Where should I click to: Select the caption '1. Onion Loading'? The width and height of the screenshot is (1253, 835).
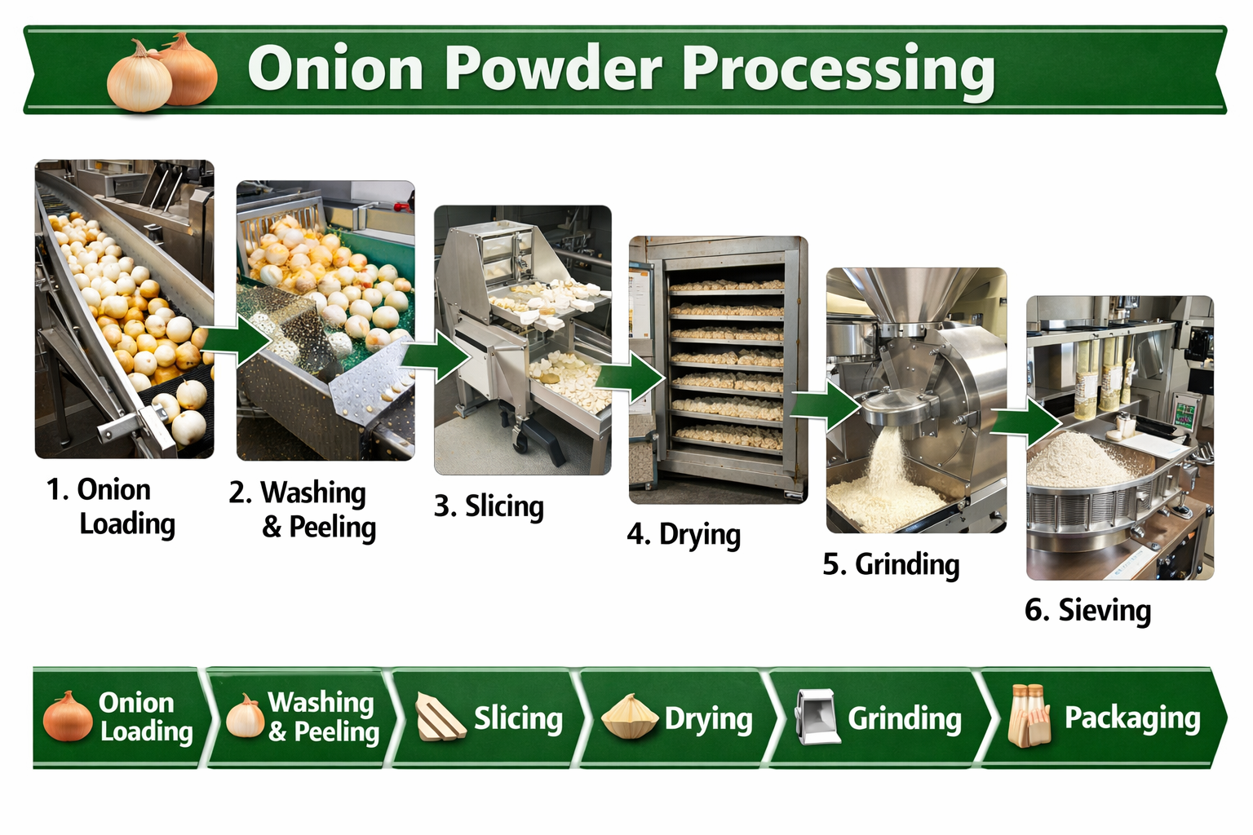tap(110, 506)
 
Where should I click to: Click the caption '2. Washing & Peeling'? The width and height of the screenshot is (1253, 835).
tap(303, 510)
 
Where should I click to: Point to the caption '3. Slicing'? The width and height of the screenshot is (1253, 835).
tap(489, 506)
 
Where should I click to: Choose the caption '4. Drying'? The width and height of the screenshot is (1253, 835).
tap(684, 535)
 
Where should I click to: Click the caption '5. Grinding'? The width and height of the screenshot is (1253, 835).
tap(891, 564)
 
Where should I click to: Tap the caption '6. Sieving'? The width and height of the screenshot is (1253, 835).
tap(1087, 610)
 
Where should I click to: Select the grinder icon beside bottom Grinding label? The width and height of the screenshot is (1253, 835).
tap(817, 717)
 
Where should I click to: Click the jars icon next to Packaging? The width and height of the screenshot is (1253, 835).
tap(1029, 716)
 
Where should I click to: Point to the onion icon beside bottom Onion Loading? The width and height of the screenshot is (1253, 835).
tap(67, 716)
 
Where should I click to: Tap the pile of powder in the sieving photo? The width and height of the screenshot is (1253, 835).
tap(1077, 461)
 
